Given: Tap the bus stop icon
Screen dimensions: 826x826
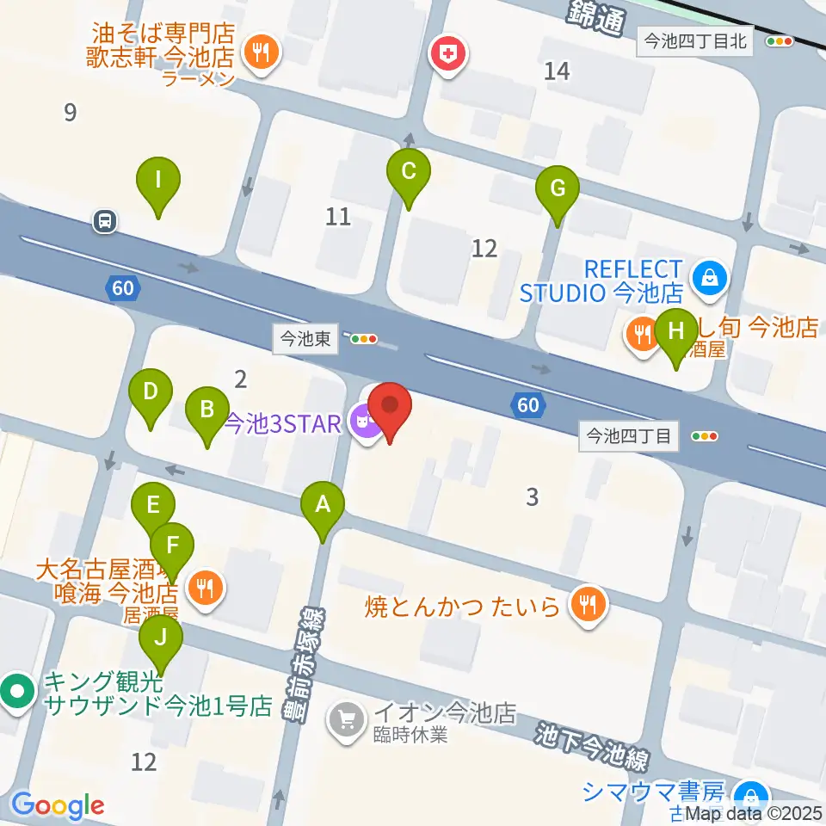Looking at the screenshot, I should click(105, 222).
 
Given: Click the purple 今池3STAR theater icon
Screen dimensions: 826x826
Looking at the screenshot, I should click(365, 422).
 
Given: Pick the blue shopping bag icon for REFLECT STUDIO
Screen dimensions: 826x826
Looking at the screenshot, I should click(713, 279).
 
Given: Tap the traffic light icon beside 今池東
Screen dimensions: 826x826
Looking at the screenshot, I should click(364, 339).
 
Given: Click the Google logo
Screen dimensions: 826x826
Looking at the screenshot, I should click(58, 804).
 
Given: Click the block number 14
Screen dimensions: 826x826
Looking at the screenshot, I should click(558, 71).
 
